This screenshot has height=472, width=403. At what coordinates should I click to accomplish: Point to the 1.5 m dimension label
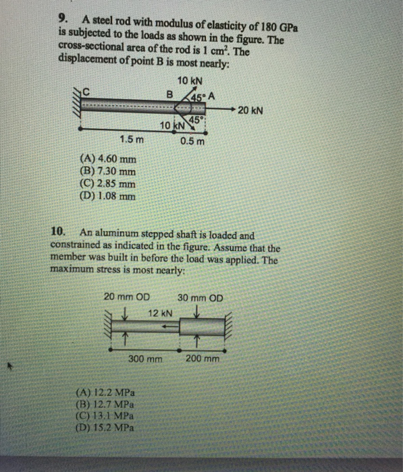[x=131, y=140]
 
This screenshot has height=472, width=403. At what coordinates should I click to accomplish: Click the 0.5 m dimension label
[x=192, y=142]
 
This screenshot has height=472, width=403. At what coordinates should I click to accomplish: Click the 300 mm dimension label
[x=145, y=359]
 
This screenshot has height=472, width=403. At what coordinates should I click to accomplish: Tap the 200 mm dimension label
[x=203, y=359]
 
